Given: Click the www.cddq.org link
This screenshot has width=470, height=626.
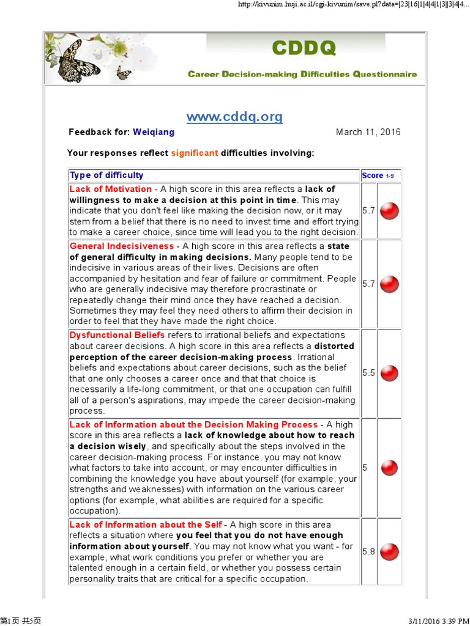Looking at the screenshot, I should coord(234,116).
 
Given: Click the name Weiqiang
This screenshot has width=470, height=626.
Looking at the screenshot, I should coord(154,132).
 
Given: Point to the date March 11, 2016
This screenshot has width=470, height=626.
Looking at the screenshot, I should coord(368,132).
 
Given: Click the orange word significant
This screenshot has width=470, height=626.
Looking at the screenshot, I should coord(195,153).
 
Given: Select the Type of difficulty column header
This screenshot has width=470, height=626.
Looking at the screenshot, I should coord(106,175).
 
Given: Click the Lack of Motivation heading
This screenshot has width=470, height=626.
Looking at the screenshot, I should coord(111,189).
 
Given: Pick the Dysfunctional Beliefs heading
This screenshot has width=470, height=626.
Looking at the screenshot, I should coord(117,335).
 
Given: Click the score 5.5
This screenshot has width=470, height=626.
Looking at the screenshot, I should coord(368,373).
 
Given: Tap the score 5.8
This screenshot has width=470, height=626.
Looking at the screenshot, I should coord(368,551).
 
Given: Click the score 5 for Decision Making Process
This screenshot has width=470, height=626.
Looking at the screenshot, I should coord(365,468).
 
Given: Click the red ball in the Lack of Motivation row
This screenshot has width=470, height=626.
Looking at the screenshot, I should coord(389,211).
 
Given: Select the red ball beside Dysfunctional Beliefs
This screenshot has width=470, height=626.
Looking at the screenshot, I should coord(389,373).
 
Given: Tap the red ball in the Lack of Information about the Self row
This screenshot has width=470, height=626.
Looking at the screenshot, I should coord(389,551).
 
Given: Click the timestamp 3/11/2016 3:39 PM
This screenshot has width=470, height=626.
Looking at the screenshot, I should coord(436,620).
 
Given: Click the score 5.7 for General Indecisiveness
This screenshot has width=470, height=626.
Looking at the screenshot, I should coord(368,284).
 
